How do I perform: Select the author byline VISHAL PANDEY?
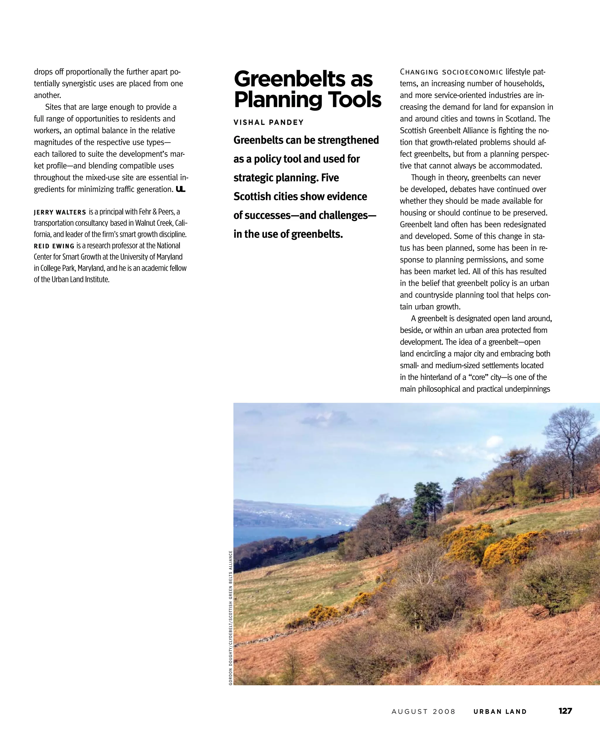[x=269, y=123]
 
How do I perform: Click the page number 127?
[x=565, y=711]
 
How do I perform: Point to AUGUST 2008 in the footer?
[x=423, y=712]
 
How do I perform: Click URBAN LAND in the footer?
[x=500, y=712]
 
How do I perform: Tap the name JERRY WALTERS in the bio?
[x=60, y=212]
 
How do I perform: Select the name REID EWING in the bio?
[x=54, y=246]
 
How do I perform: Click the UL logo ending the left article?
[x=180, y=189]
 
